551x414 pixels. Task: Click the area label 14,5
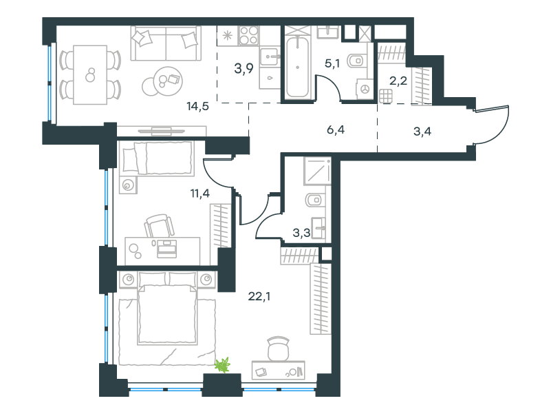pyautogui.click(x=198, y=105)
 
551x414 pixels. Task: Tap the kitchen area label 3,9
pyautogui.click(x=244, y=68)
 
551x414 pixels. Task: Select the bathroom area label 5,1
pyautogui.click(x=332, y=63)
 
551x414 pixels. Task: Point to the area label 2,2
pyautogui.click(x=398, y=81)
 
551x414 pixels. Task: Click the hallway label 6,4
pyautogui.click(x=336, y=130)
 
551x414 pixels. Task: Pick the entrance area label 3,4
pyautogui.click(x=422, y=132)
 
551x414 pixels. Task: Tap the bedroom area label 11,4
pyautogui.click(x=200, y=193)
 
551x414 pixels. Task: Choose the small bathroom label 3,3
pyautogui.click(x=301, y=232)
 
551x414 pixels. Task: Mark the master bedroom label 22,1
pyautogui.click(x=259, y=296)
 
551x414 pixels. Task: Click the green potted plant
pyautogui.click(x=223, y=364)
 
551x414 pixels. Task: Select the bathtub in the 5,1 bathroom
pyautogui.click(x=298, y=66)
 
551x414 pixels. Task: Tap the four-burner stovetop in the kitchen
pyautogui.click(x=249, y=35)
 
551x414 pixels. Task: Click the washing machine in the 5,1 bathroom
pyautogui.click(x=365, y=89)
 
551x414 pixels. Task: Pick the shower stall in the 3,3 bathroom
pyautogui.click(x=318, y=171)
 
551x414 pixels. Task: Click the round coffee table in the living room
pyautogui.click(x=163, y=81)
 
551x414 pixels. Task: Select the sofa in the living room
pyautogui.click(x=166, y=43)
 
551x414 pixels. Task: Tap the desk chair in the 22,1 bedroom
pyautogui.click(x=279, y=348)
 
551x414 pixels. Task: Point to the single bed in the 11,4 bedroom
pyautogui.click(x=157, y=158)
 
